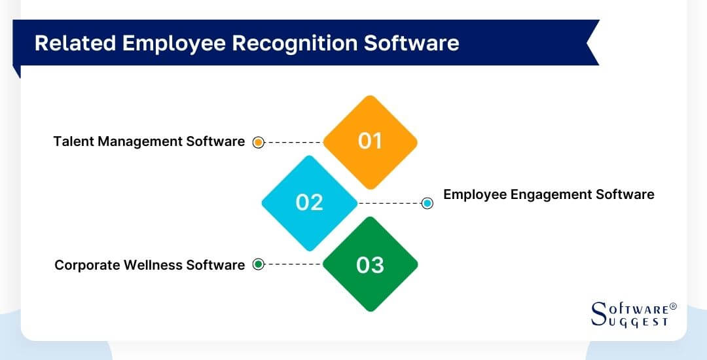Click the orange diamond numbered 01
pos(371,141)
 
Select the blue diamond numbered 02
pos(310,202)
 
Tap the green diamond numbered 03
pos(371,264)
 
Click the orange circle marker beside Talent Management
pos(258,142)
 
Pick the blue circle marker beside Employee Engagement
pos(427,203)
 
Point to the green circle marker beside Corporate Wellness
pos(258,264)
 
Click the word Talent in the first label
pos(73,141)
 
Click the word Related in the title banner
pos(71,43)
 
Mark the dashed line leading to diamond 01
pos(294,142)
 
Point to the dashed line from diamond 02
pos(389,203)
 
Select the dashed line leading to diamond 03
pos(294,264)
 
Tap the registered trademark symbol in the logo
pos(673,306)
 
